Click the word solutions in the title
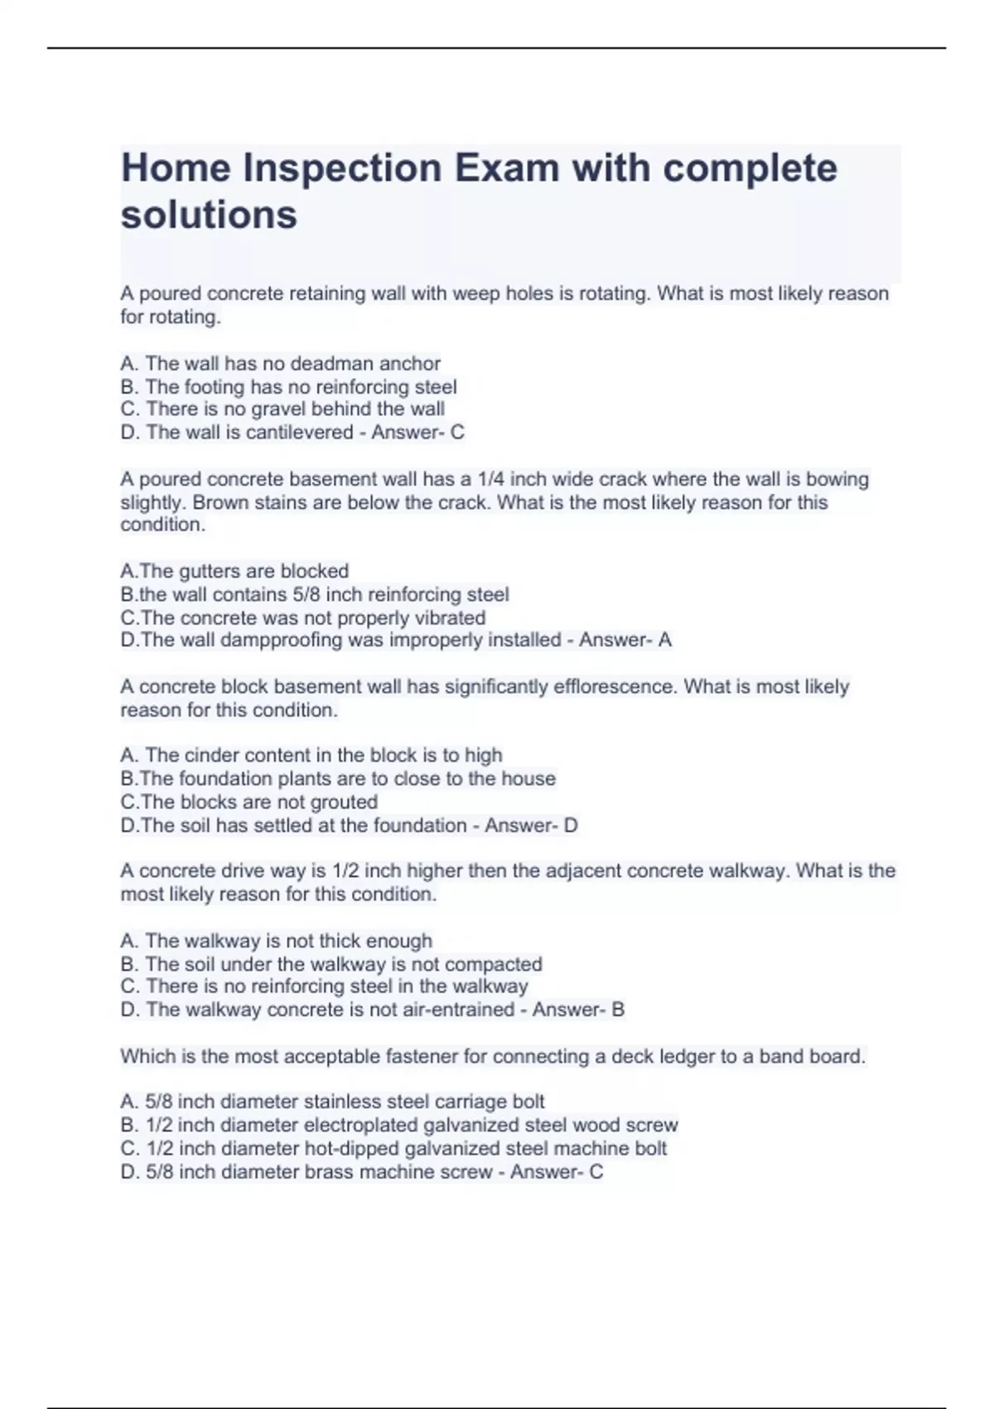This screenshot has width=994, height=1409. [x=209, y=215]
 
